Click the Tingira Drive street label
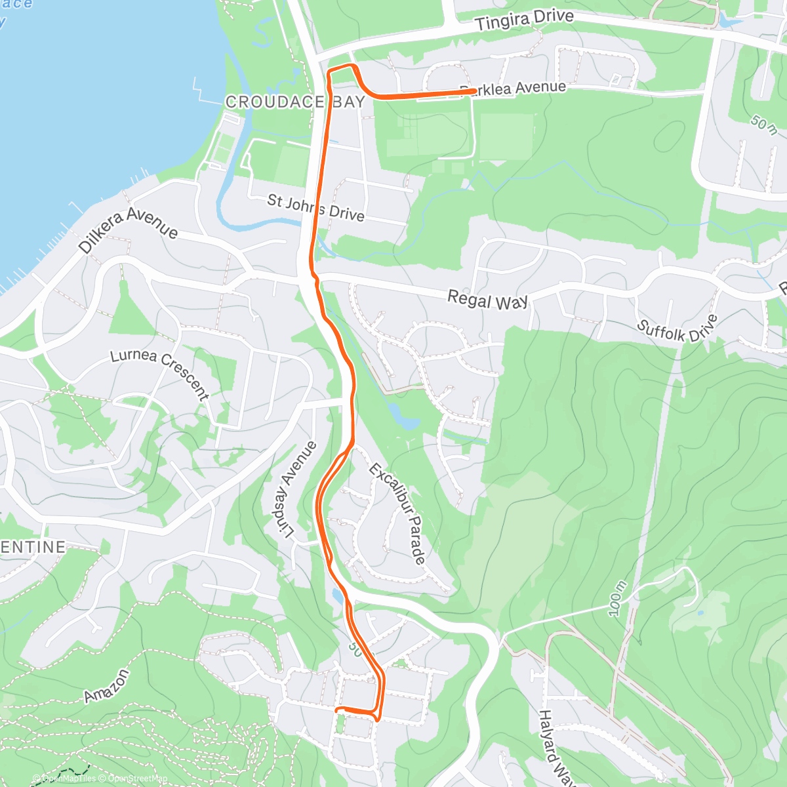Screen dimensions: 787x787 pos(524,20)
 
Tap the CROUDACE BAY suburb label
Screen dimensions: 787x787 pos(295,102)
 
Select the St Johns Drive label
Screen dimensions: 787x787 pos(315,207)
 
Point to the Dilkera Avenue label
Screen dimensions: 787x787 pos(128,230)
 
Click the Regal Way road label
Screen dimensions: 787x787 pos(487,300)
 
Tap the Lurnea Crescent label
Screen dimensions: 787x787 pos(160,373)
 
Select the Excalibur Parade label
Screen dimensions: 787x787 pos(397,514)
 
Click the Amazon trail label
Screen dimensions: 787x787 pos(106,686)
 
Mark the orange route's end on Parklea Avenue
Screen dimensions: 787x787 pos(474,91)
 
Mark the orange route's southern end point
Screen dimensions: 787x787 pos(337,710)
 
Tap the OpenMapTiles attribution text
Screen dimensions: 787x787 pos(69,778)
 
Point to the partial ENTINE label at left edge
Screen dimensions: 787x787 pos(33,547)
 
